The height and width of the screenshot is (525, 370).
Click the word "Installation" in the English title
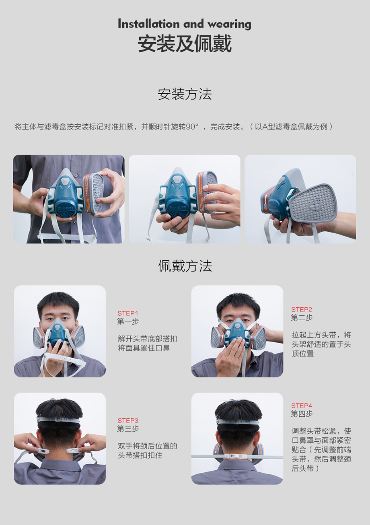point(149,24)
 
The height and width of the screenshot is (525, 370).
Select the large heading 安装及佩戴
point(185,43)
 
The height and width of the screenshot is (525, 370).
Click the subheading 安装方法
point(185,94)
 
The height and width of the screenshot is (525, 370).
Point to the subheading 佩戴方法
point(185,266)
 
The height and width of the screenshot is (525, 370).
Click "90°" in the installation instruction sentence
point(192,127)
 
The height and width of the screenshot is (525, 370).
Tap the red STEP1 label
point(128,313)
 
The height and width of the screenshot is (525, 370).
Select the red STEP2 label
point(302,309)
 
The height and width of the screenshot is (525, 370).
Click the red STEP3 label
point(128,420)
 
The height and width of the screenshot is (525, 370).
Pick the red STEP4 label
point(302,406)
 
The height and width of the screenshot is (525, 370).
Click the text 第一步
point(128,321)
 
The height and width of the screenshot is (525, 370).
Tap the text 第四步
point(302,414)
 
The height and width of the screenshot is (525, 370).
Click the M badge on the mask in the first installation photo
point(65,181)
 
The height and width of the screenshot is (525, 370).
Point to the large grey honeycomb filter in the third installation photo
point(313,203)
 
